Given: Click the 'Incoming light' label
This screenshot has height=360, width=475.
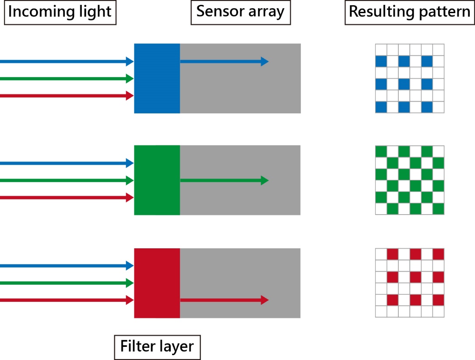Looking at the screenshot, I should coord(60,12).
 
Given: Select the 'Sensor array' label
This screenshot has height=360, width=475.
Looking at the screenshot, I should coord(240,12).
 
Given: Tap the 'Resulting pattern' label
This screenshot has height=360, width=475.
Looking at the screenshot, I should coord(409,12).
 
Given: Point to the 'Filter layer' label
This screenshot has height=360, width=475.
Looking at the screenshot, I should coord(157,347).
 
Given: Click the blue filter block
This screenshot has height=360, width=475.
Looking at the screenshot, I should coord(157,78).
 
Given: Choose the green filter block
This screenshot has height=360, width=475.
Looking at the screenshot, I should coord(157,180).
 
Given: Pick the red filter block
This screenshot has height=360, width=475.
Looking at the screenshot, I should coord(157,283).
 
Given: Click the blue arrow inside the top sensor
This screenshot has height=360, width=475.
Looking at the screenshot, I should coord(224,62).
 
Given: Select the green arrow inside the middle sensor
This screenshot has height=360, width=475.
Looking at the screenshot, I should coord(224,180).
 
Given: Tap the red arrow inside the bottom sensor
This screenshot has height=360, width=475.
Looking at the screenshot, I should coord(224,300).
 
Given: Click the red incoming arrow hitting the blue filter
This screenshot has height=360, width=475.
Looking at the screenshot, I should coord(66,95).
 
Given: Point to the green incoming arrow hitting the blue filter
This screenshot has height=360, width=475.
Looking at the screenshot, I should coord(66,79).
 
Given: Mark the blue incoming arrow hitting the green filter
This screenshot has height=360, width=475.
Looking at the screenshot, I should coord(66,163).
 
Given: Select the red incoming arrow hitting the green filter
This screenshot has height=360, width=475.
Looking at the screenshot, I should coord(66,198).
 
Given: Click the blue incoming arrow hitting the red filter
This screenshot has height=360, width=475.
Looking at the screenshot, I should coord(66,266).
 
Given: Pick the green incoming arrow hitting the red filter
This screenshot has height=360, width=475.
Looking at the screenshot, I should coord(66,283).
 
